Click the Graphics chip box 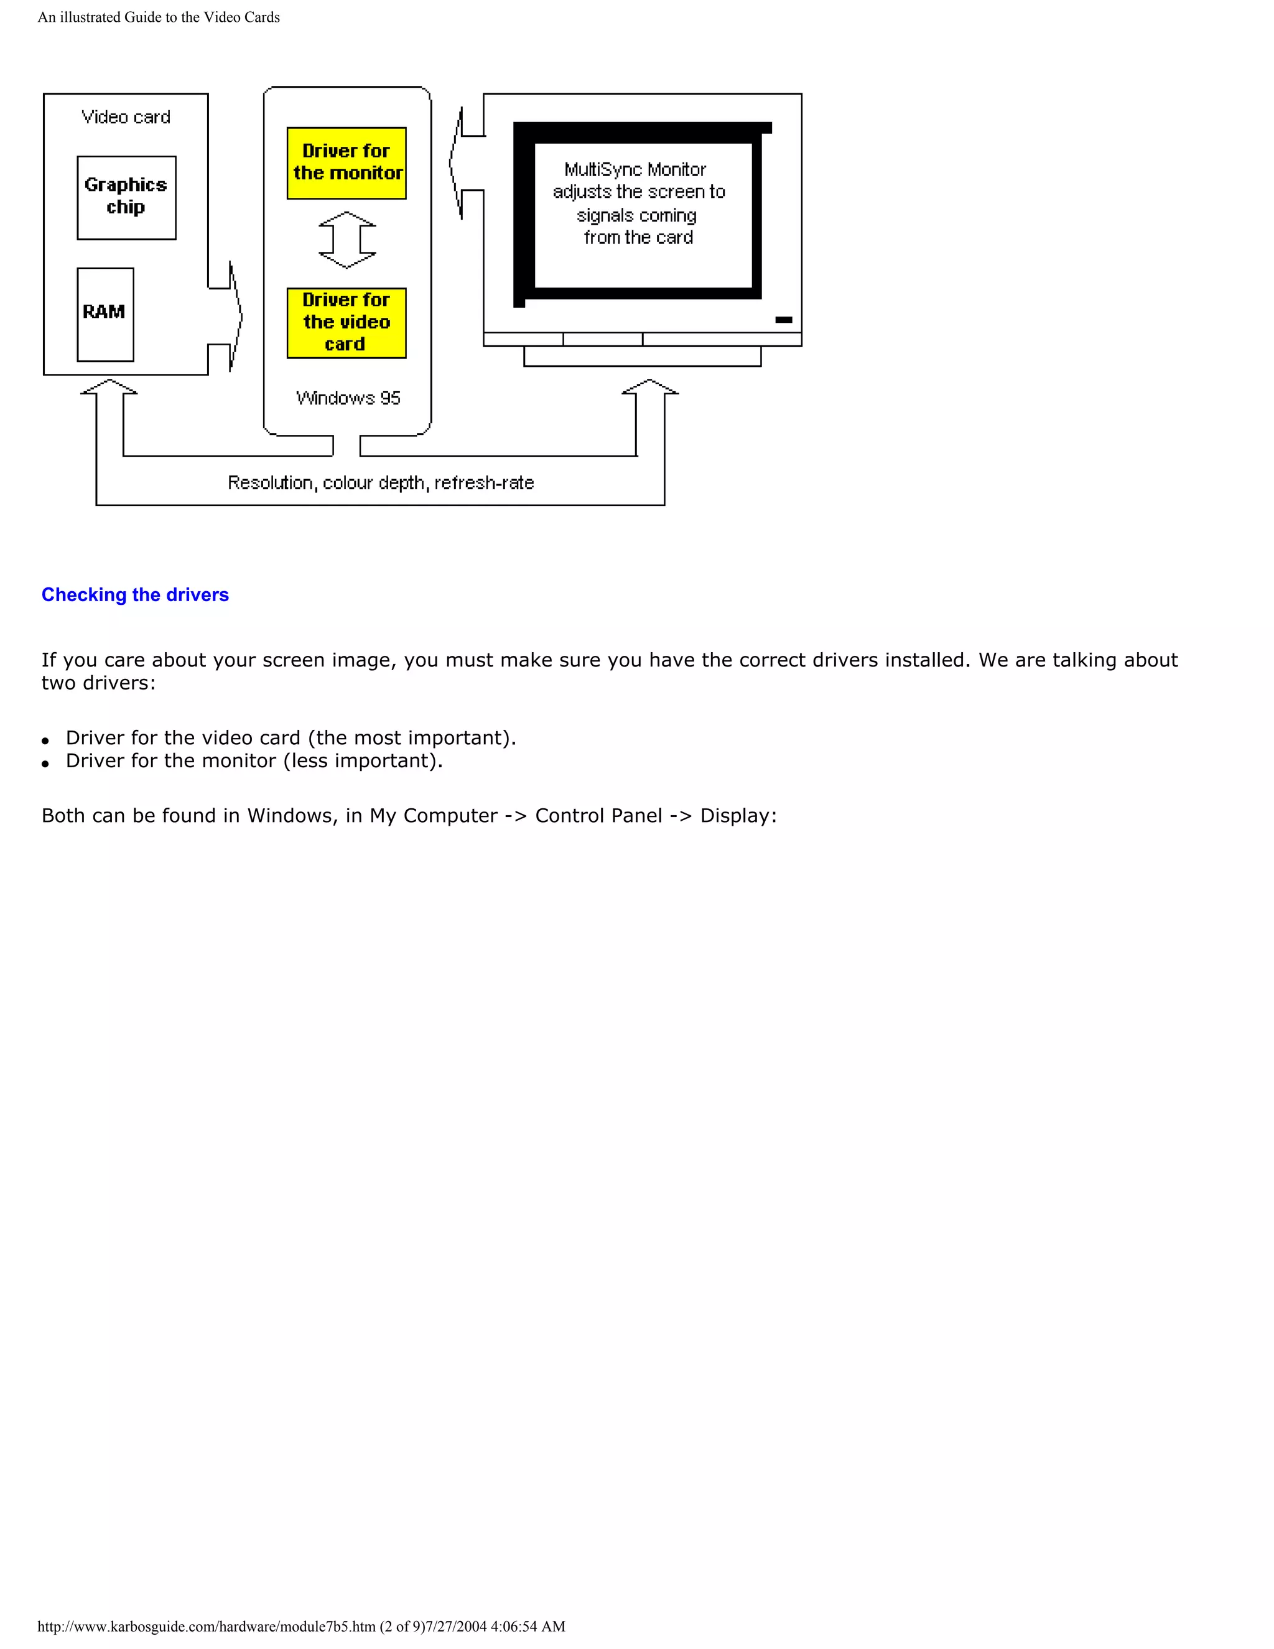tap(126, 197)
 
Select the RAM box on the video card tap(105, 314)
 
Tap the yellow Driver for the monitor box tap(346, 163)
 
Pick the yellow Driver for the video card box tap(346, 322)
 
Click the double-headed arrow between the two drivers tap(347, 240)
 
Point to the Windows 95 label tap(348, 398)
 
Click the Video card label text tap(126, 117)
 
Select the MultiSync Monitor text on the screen tap(636, 170)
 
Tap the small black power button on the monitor tap(783, 320)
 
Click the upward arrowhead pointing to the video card tap(109, 386)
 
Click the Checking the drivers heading tap(135, 595)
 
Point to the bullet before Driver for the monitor tap(45, 764)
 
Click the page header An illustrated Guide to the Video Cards tap(159, 17)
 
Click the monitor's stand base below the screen tap(642, 357)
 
